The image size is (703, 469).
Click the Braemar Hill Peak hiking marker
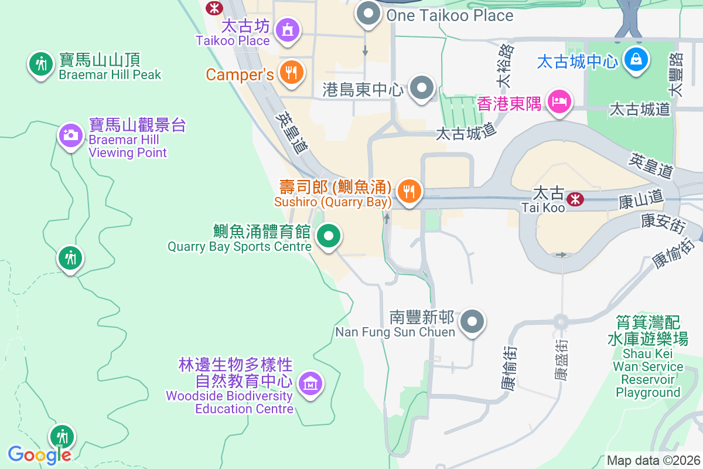click(x=40, y=63)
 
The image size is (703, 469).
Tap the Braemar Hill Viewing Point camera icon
click(x=70, y=135)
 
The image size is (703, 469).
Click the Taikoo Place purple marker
click(x=288, y=29)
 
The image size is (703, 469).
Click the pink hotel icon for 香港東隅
click(x=559, y=102)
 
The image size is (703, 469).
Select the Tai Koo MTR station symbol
click(x=575, y=199)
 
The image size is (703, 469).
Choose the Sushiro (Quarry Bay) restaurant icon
click(x=409, y=191)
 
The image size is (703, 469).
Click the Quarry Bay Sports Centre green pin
click(x=329, y=236)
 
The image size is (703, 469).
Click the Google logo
click(x=39, y=454)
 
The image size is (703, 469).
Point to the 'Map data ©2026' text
click(x=653, y=460)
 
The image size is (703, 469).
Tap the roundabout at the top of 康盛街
click(x=561, y=321)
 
